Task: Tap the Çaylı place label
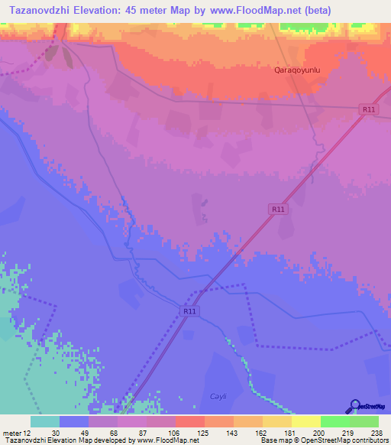[219, 395]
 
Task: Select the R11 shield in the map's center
[277, 209]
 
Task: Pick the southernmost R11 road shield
[189, 311]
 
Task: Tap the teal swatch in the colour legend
[44, 421]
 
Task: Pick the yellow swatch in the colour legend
[305, 421]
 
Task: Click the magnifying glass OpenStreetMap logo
[355, 406]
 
